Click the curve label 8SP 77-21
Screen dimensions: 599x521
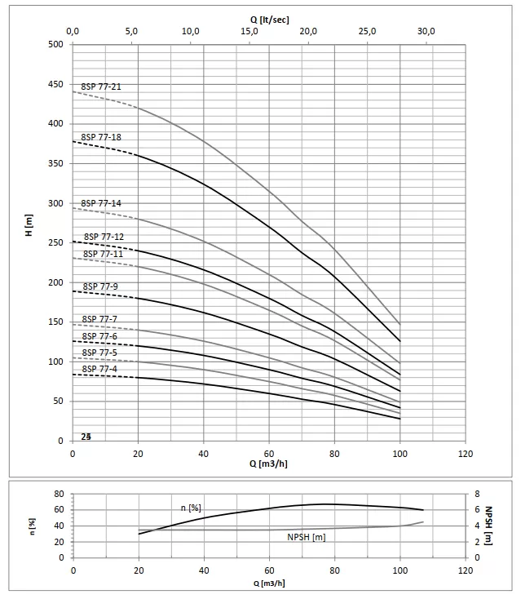pos(101,86)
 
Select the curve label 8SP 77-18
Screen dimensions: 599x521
pos(101,137)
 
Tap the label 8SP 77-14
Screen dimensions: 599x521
pos(101,202)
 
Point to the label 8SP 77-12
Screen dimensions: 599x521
pos(104,237)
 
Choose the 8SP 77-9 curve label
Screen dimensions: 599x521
pos(101,286)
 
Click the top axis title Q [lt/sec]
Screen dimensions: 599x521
pos(269,18)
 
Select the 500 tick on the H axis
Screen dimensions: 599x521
pos(55,44)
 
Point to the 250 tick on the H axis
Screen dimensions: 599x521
pos(55,242)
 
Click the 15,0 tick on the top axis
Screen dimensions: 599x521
pos(249,31)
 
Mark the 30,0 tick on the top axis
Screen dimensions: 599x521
pos(426,31)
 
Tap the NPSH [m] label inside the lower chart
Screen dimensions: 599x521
pos(307,537)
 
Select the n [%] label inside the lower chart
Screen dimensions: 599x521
pos(191,508)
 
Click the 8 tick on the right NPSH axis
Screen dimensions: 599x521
pos(478,494)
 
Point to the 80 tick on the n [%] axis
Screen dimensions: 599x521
pos(59,494)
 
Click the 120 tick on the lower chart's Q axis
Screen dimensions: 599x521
pos(465,570)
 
